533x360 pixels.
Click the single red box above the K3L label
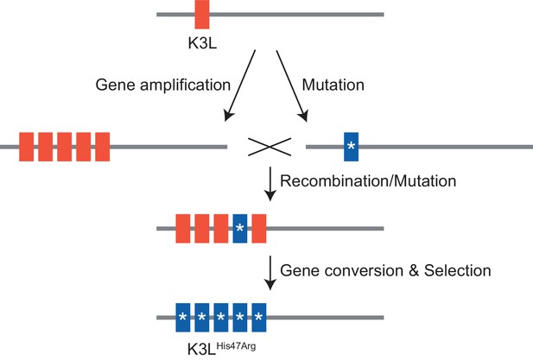coord(202,15)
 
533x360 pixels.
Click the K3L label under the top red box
coord(202,43)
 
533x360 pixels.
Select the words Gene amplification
coord(163,85)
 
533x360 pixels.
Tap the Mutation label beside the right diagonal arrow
coord(333,85)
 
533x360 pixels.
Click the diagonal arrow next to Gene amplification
coord(239,85)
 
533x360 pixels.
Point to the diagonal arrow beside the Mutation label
coord(292,86)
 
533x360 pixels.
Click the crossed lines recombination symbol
coord(270,147)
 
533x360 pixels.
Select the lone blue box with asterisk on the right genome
coord(351,147)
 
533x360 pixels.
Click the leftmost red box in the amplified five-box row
coord(26,147)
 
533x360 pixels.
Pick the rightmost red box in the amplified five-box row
coord(102,147)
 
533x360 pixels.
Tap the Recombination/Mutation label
coord(368,181)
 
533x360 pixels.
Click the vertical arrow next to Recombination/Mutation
coord(270,184)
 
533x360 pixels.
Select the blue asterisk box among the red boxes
coord(240,228)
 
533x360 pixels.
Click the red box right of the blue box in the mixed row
coord(259,228)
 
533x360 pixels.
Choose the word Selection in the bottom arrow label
coord(458,271)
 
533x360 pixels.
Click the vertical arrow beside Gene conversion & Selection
coord(270,273)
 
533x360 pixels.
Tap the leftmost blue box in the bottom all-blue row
coord(183,317)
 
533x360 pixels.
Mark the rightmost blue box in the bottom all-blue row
coord(259,317)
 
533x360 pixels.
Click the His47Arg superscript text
coord(236,346)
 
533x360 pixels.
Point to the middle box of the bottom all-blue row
coord(221,317)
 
